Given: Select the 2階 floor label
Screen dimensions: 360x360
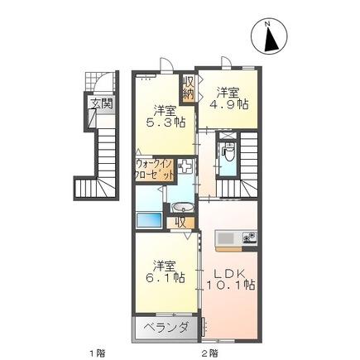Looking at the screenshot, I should coord(209,352).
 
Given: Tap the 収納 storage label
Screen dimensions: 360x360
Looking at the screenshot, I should coord(188,88).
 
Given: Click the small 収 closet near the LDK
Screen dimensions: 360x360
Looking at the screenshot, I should coord(180,222).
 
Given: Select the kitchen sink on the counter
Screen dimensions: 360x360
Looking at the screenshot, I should coord(227,238).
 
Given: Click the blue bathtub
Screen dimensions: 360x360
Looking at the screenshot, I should coord(149,222).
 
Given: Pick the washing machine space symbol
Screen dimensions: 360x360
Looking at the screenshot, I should coord(185,166).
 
